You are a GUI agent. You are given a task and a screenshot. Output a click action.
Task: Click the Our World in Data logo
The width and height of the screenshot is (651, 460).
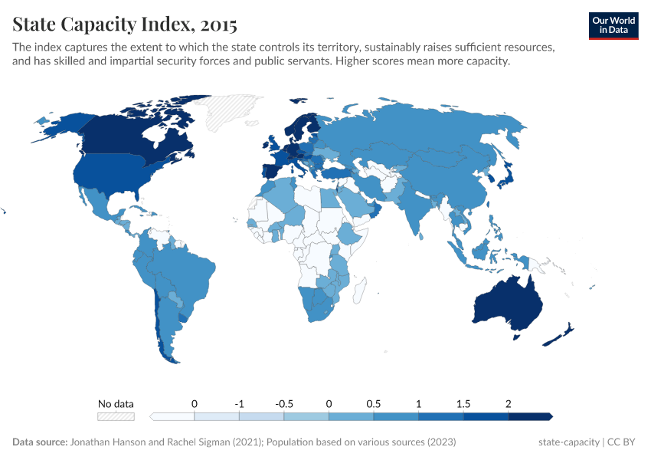coord(613,25)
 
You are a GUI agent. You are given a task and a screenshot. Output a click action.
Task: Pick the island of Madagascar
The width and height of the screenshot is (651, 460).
coord(359,291)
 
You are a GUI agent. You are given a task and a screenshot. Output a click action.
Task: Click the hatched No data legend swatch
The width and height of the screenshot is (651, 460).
coord(116,416)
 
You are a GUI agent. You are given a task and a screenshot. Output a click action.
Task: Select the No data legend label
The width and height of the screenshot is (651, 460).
coord(116,403)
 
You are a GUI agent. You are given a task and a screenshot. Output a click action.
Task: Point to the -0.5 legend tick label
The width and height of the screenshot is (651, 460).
coord(284,403)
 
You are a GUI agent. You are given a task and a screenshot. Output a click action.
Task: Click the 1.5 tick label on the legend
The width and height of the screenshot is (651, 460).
coord(463,403)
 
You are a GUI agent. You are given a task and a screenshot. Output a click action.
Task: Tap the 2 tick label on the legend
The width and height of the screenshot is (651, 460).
coord(508,403)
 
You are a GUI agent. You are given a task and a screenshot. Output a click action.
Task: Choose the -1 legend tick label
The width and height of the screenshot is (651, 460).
coord(239,403)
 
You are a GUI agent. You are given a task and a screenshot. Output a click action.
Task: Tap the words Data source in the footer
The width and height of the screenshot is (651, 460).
coord(39,442)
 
